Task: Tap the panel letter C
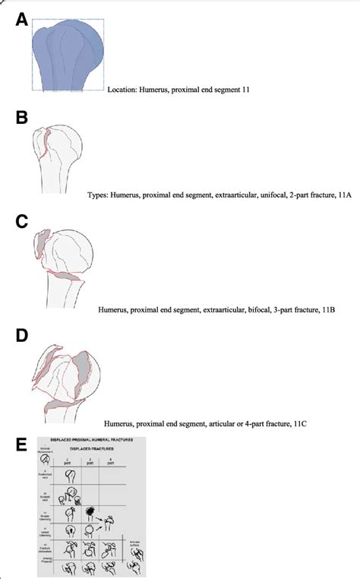(x=22, y=221)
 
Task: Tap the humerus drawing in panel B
(x=60, y=156)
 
